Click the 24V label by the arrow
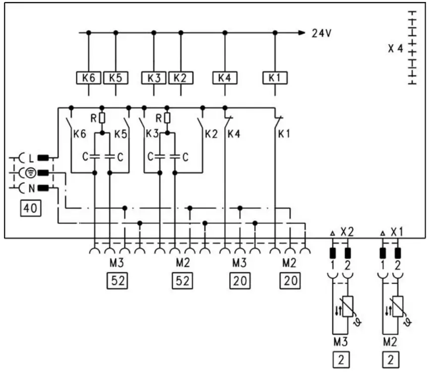point(321,33)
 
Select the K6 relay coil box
point(88,77)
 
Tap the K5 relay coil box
point(116,77)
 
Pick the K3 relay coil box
point(154,77)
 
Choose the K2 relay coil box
point(181,77)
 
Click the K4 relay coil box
point(225,77)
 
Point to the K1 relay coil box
point(275,77)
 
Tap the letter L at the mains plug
point(30,158)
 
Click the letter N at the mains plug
point(30,188)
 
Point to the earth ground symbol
point(30,173)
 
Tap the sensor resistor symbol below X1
point(398,306)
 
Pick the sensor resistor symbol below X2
point(348,306)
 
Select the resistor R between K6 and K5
point(102,118)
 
